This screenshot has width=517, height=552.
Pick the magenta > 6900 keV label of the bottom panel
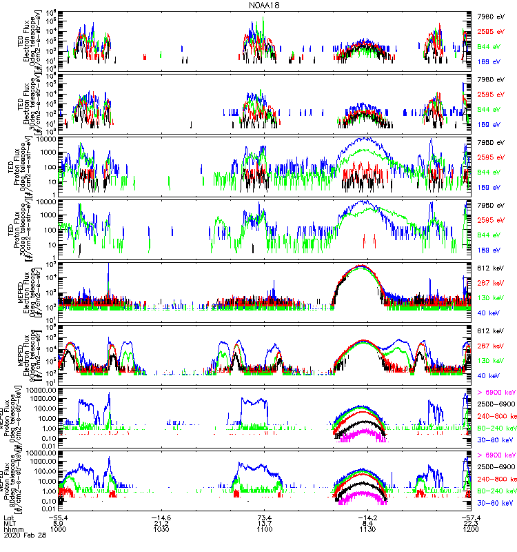(496, 455)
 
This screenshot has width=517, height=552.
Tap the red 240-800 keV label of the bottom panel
(495, 479)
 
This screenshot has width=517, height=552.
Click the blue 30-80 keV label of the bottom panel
(494, 502)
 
